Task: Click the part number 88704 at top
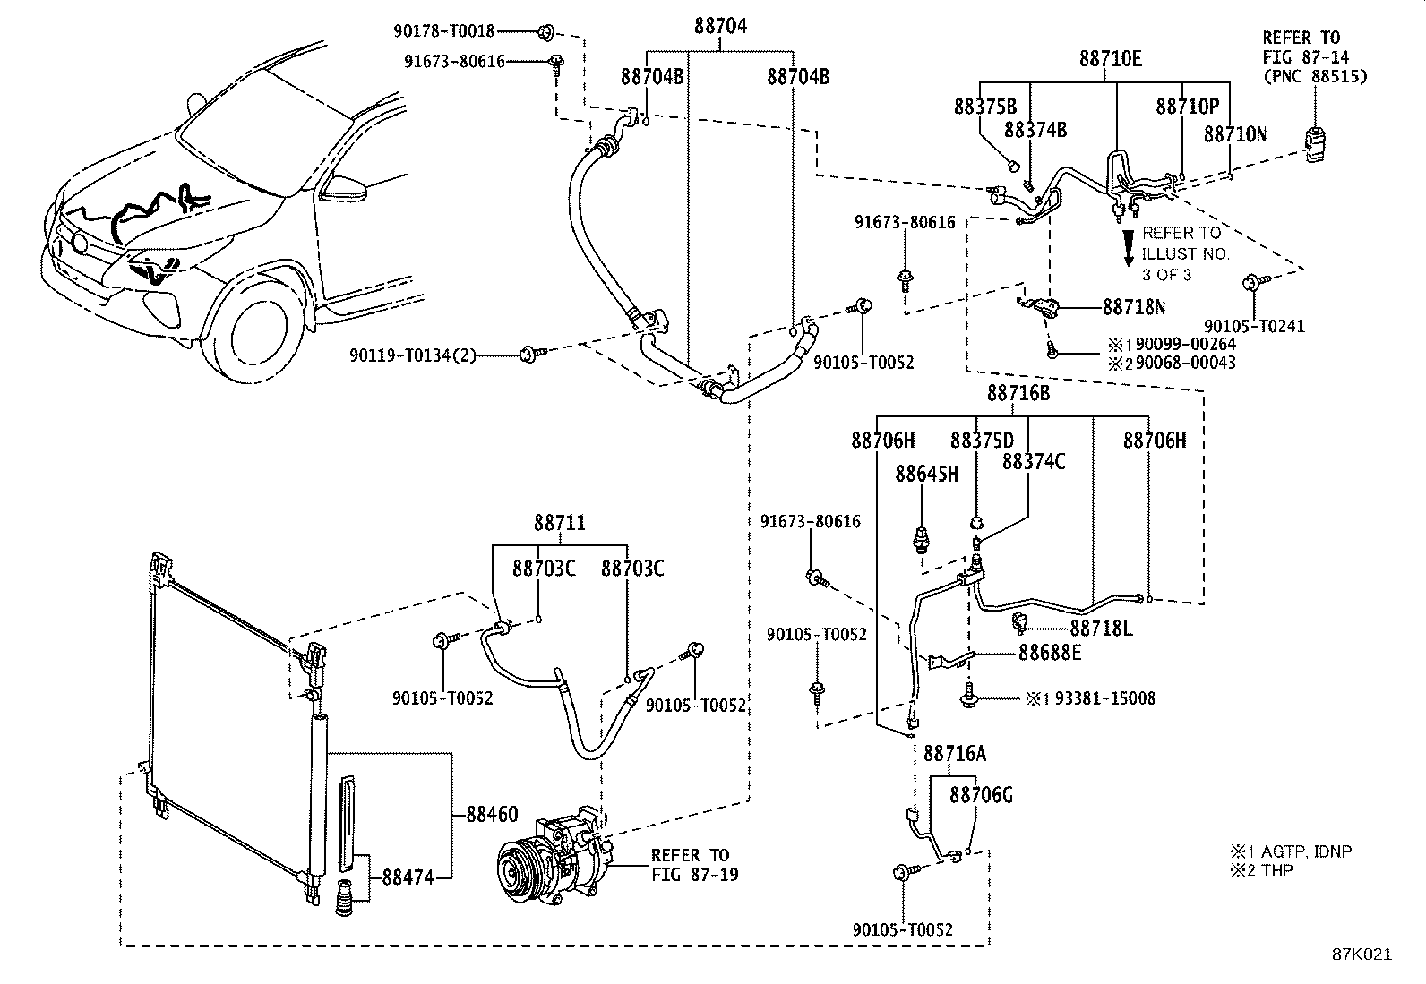tap(720, 26)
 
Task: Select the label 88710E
tap(1110, 59)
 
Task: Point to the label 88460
tap(492, 814)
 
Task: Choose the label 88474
tap(408, 877)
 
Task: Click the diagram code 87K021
tap(1362, 954)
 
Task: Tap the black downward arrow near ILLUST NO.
tap(1129, 248)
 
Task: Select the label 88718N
tap(1134, 307)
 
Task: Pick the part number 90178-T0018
tap(443, 30)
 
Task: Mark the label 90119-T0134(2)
tap(413, 355)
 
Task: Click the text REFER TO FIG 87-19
tap(694, 865)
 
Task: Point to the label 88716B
tap(1018, 393)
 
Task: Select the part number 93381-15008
tap(1105, 698)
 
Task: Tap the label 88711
tap(560, 523)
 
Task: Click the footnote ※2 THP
tap(1261, 870)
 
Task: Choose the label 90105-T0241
tap(1254, 327)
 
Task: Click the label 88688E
tap(1050, 653)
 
